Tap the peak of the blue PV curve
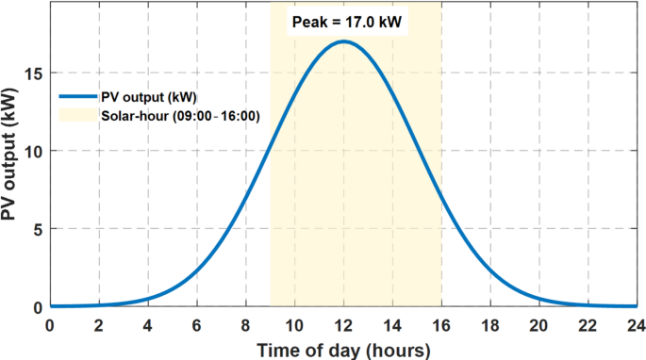point(343,41)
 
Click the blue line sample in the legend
point(77,96)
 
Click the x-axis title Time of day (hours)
point(343,349)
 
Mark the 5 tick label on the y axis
point(34,229)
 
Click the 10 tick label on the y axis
point(30,151)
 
